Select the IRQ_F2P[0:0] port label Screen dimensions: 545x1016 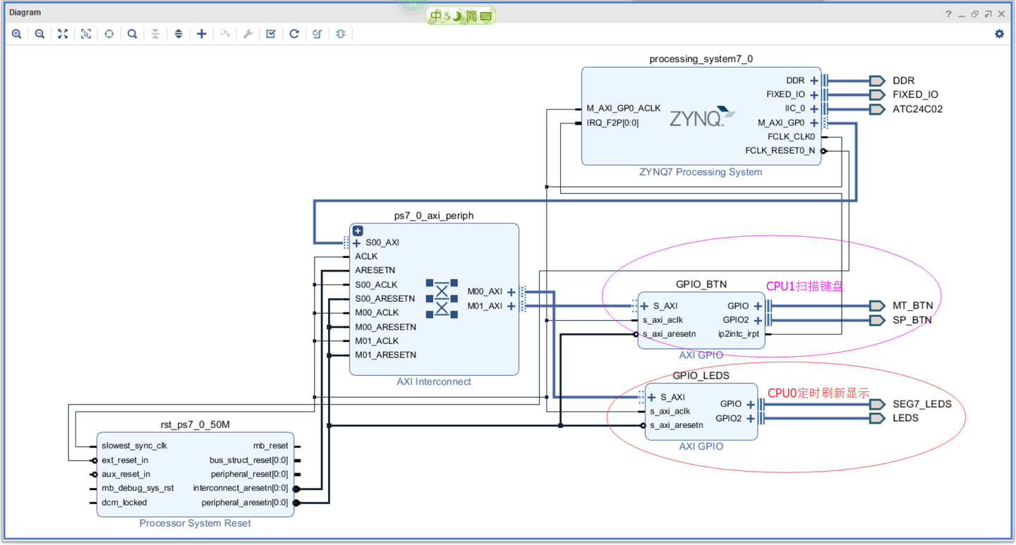tap(612, 123)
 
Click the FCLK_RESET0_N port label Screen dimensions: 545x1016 tap(780, 151)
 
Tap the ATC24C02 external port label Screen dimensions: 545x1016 tap(917, 109)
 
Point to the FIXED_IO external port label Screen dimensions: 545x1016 tap(915, 94)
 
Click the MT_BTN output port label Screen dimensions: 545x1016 tap(912, 306)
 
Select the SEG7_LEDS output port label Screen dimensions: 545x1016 tap(921, 404)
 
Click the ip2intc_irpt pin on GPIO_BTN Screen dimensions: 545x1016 tap(739, 334)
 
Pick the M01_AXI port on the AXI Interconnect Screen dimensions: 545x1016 tap(485, 306)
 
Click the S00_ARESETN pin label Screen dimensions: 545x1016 tap(385, 299)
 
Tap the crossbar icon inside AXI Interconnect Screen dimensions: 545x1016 tap(442, 298)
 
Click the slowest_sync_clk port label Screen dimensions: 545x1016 tap(135, 446)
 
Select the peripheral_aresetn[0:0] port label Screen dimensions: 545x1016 tap(244, 503)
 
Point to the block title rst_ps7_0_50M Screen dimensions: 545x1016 tap(195, 424)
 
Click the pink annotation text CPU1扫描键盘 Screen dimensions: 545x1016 tap(805, 286)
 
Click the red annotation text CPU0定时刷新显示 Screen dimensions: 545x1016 tap(818, 393)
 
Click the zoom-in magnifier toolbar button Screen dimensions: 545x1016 tap(17, 34)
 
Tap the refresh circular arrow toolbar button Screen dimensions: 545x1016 tap(294, 34)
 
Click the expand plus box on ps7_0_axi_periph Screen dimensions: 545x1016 tap(358, 231)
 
